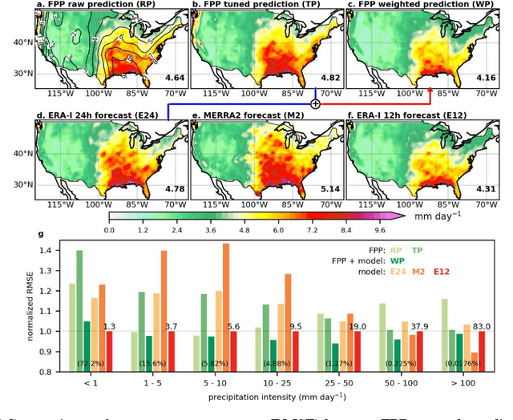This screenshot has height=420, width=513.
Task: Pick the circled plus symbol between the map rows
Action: point(315,103)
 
